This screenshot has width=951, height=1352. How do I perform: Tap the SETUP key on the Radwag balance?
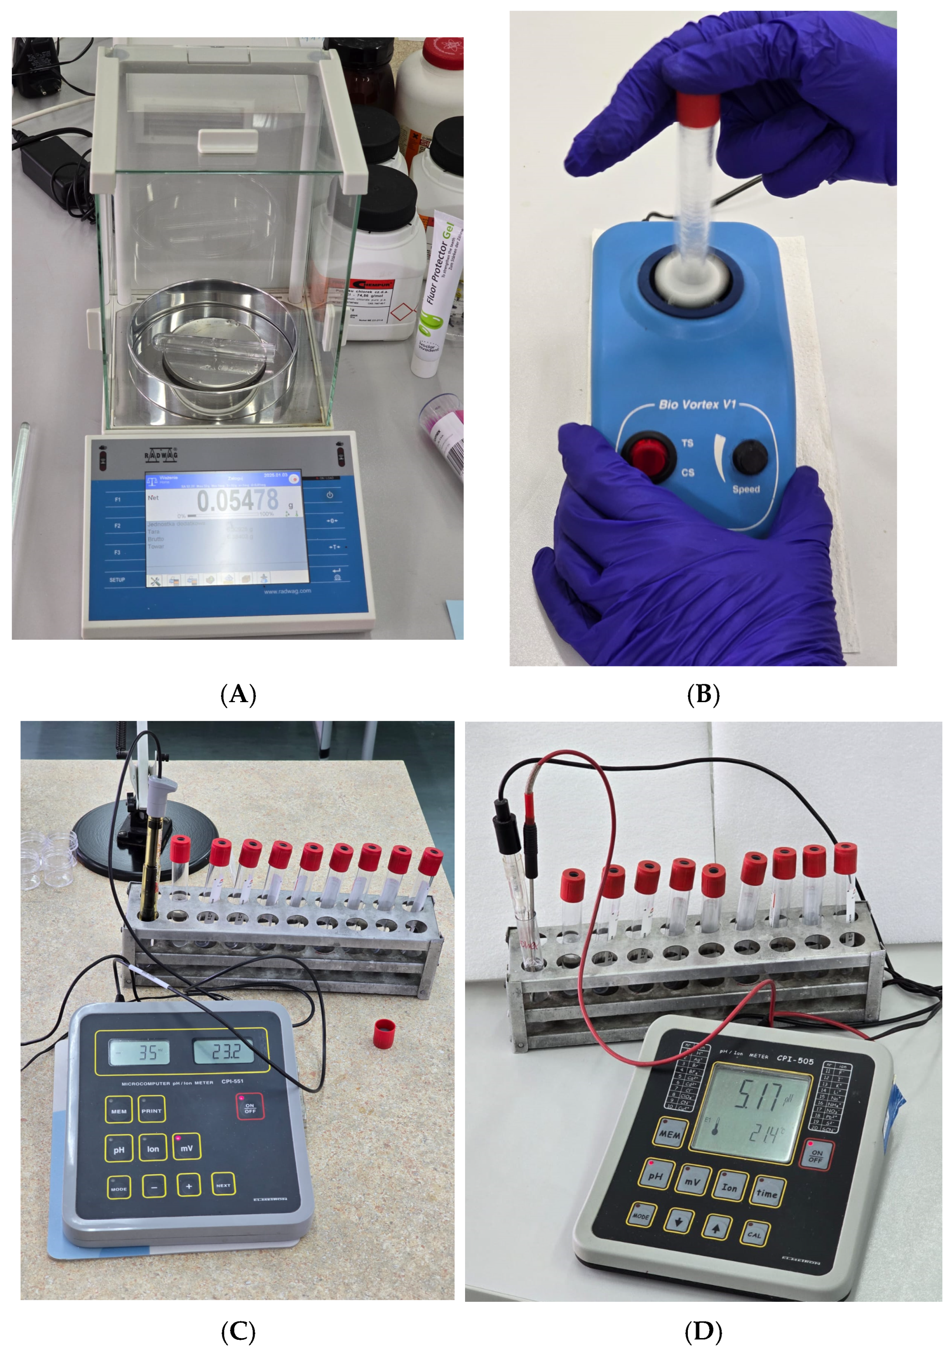[x=117, y=580]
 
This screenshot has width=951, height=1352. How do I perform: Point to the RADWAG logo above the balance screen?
[x=161, y=455]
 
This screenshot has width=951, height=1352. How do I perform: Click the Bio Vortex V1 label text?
[x=697, y=404]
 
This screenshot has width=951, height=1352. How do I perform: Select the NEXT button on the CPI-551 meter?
[x=223, y=1186]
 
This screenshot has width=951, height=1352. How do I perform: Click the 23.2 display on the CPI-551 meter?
[x=224, y=1052]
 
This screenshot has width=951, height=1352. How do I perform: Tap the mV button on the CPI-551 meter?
[x=187, y=1148]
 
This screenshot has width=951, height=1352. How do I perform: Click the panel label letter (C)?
[x=238, y=1331]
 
